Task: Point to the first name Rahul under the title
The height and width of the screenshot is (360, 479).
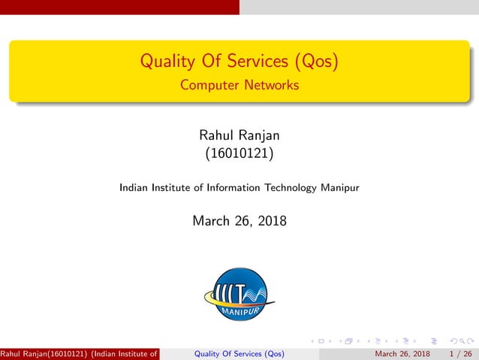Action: pos(215,136)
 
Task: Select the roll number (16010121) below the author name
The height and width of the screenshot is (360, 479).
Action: pos(239,155)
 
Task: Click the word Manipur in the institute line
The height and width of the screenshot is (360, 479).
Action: pos(340,188)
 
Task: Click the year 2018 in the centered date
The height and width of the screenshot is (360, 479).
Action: pos(270,221)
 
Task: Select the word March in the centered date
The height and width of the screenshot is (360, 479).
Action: pos(211,221)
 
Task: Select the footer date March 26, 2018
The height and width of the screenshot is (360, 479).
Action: pos(402,353)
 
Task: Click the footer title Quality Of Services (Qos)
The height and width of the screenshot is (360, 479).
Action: pos(239,353)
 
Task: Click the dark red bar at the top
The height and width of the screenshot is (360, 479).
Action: pos(119,7)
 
